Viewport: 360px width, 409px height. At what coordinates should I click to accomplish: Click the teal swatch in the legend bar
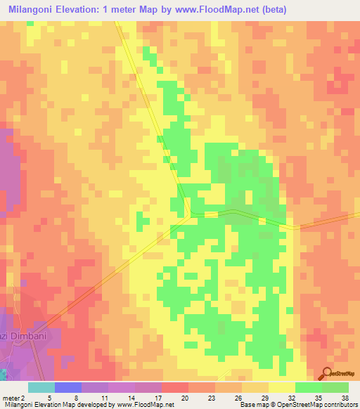pos(41,387)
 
